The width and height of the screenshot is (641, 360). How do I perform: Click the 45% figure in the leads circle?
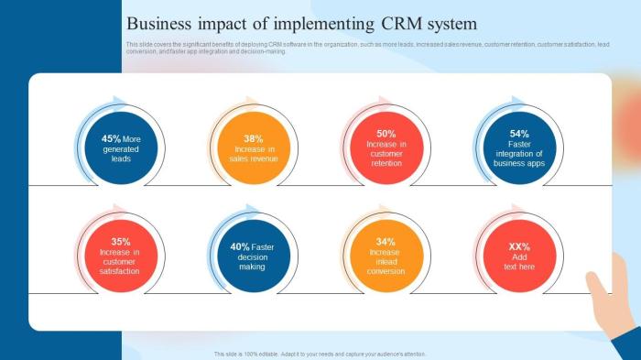(111, 139)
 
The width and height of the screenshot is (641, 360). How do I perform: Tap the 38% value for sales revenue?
(254, 139)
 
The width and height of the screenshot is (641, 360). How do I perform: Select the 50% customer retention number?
(386, 134)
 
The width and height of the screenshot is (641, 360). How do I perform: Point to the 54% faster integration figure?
(519, 134)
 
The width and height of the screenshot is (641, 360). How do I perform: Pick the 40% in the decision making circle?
(240, 246)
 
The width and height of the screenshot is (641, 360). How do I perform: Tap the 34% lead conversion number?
(386, 242)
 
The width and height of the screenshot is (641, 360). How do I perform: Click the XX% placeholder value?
(519, 246)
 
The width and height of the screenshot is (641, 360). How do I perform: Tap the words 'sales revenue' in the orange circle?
(254, 159)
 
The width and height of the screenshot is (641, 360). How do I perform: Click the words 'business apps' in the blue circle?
(519, 164)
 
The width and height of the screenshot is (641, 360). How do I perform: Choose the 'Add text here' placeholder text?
(519, 262)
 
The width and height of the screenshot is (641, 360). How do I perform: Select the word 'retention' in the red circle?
(386, 164)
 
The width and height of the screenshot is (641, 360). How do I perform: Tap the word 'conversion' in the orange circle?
(386, 271)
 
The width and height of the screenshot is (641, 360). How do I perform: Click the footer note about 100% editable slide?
(320, 354)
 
